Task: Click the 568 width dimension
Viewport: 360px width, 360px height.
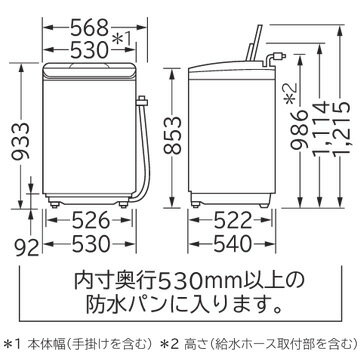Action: click(x=90, y=29)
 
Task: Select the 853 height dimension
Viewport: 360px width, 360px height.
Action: click(x=172, y=135)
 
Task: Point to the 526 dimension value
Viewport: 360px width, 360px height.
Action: click(x=91, y=220)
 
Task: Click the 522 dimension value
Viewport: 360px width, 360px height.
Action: click(x=232, y=220)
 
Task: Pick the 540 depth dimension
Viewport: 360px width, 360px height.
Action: click(x=232, y=244)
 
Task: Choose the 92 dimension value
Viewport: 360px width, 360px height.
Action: click(x=28, y=248)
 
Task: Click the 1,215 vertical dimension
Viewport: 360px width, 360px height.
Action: click(x=340, y=128)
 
